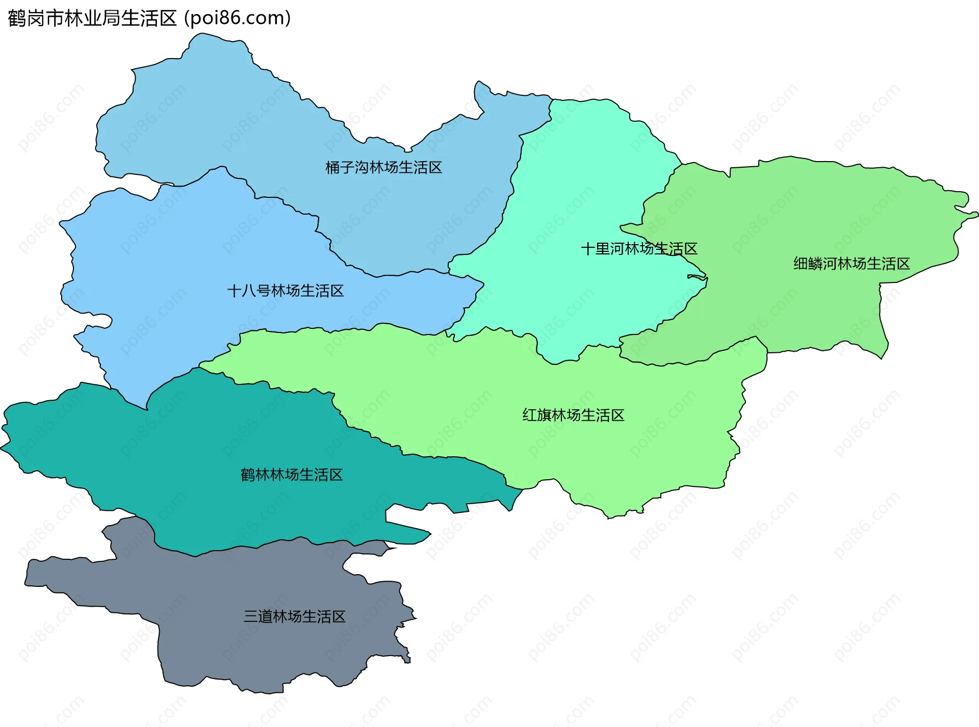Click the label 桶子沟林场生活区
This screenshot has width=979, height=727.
[x=383, y=168]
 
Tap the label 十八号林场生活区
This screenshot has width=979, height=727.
[x=285, y=291]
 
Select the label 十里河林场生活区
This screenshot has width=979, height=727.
[x=639, y=249]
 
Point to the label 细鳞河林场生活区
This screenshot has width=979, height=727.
[x=852, y=264]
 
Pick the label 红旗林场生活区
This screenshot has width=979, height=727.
[x=573, y=416]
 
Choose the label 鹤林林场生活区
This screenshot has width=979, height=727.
[x=292, y=475]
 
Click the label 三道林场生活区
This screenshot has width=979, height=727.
[x=294, y=617]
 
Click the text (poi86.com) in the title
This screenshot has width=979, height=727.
[x=238, y=18]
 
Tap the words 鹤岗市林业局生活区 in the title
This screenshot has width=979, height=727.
[x=92, y=18]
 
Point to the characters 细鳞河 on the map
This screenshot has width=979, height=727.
[x=815, y=264]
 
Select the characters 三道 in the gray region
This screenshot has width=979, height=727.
[x=258, y=617]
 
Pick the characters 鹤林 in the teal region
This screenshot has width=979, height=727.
[x=255, y=475]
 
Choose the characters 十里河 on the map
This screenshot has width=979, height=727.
[x=603, y=249]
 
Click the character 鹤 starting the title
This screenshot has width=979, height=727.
[x=17, y=18]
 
